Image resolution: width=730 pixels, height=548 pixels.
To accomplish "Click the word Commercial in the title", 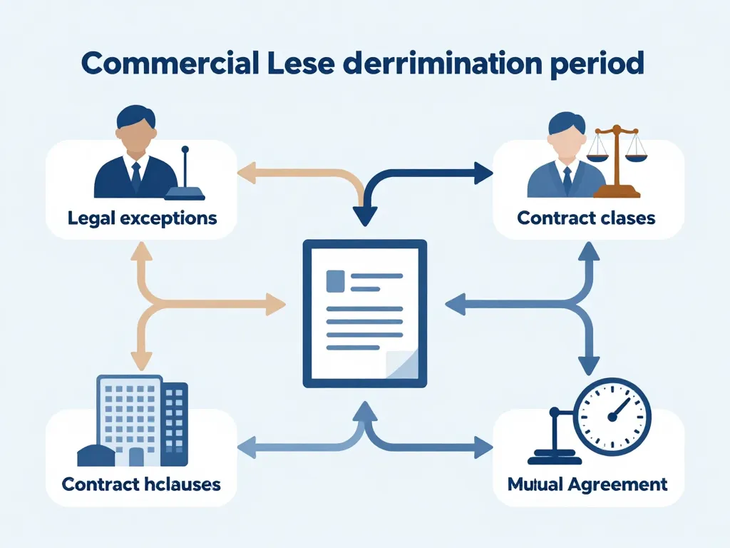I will click(x=169, y=64).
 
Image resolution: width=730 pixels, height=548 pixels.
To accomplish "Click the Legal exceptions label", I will click(x=143, y=217).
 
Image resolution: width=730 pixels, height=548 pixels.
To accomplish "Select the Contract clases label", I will click(x=586, y=217).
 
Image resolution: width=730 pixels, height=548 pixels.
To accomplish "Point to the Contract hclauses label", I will click(x=141, y=484).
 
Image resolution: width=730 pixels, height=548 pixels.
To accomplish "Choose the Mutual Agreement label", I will click(x=587, y=484).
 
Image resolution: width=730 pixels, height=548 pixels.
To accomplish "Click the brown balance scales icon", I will click(x=617, y=161).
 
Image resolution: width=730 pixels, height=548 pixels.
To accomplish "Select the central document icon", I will click(x=365, y=314).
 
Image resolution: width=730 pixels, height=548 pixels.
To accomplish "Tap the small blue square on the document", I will click(x=334, y=280).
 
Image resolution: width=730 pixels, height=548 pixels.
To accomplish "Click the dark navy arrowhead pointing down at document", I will click(x=365, y=213).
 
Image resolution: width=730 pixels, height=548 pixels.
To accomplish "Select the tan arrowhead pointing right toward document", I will click(x=274, y=305).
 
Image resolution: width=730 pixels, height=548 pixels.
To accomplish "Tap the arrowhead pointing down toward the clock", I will click(x=588, y=365).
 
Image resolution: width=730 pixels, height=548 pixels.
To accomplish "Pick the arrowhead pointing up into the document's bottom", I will click(x=365, y=410).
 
